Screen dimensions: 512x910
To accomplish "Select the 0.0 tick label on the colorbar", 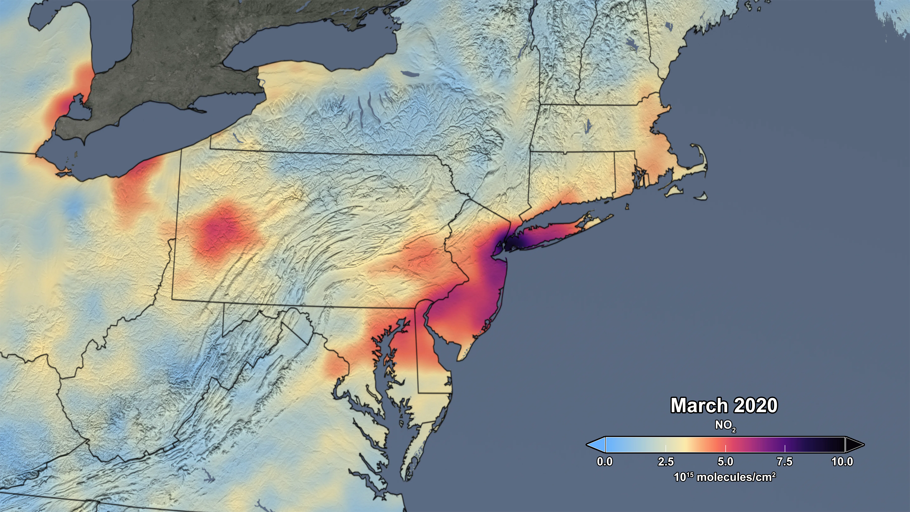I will click(604, 461).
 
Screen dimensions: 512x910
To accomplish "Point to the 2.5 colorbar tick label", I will click(666, 461).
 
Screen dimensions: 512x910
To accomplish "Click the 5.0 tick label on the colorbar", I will click(725, 461).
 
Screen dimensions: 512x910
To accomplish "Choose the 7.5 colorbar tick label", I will click(785, 461).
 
